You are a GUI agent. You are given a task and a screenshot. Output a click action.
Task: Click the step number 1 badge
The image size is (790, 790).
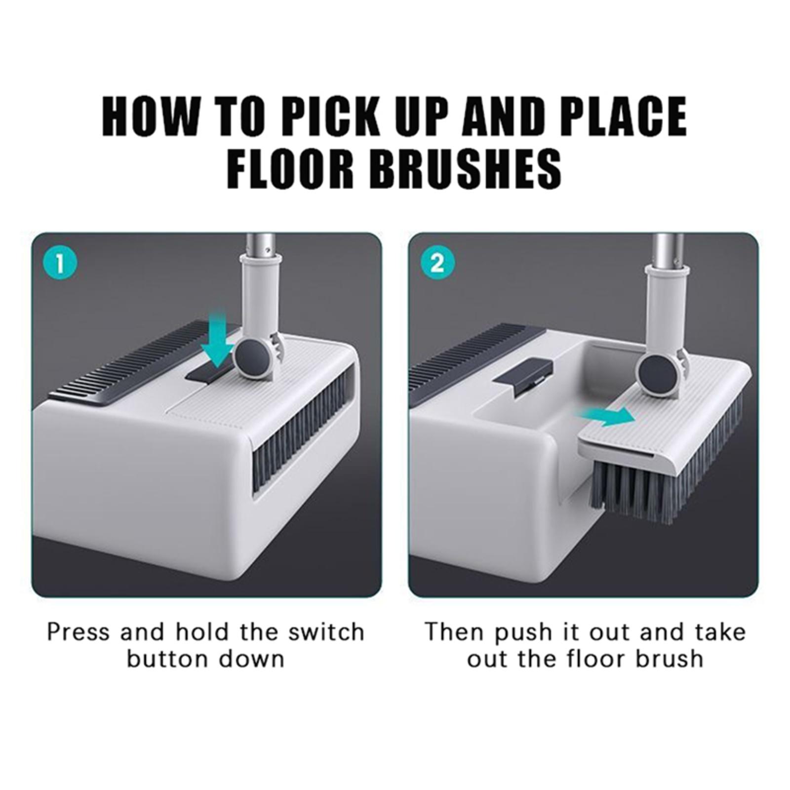[60, 263]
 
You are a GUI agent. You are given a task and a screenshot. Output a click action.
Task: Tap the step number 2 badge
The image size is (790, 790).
[437, 263]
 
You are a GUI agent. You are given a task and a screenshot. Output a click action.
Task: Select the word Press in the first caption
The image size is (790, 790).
[79, 632]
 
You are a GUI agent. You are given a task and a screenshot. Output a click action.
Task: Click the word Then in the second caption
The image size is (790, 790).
[455, 632]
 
